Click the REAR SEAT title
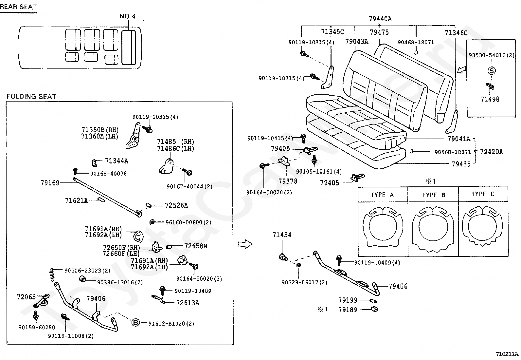pos(19,7)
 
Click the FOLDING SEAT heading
pos(31,96)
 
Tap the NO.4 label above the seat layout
pos(128,16)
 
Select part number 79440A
pos(380,19)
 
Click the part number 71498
pos(490,99)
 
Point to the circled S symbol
pos(492,70)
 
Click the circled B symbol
pos(135,323)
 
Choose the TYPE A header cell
pos(383,195)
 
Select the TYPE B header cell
pos(433,195)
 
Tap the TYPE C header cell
pos(483,194)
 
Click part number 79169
pos(50,183)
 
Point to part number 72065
pos(27,297)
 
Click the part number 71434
pos(282,235)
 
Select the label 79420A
pos(492,152)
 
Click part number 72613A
pos(188,303)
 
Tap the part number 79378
pos(288,181)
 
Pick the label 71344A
pos(117,161)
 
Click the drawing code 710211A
pos(507,354)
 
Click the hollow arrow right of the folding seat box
pos(245,244)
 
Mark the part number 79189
pos(348,310)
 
